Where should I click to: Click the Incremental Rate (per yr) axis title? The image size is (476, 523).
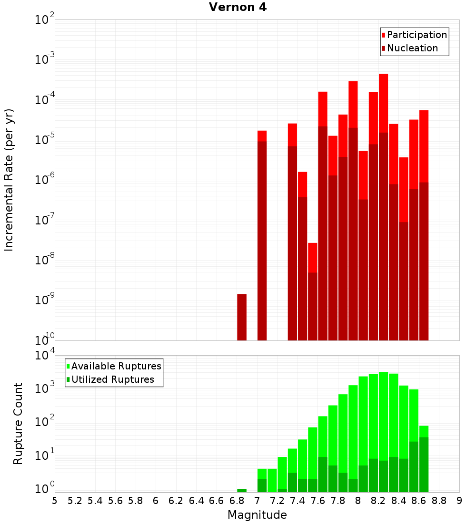click(x=9, y=180)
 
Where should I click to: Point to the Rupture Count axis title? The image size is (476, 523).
click(x=18, y=424)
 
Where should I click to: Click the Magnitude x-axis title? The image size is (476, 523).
click(x=257, y=515)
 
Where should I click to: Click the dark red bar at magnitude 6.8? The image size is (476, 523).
click(x=242, y=317)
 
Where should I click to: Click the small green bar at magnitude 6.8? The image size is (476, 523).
click(x=242, y=490)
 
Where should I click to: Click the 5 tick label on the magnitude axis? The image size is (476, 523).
click(x=55, y=501)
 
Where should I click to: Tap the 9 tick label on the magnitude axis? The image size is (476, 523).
click(x=459, y=501)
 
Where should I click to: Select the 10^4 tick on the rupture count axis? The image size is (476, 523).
click(x=45, y=356)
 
